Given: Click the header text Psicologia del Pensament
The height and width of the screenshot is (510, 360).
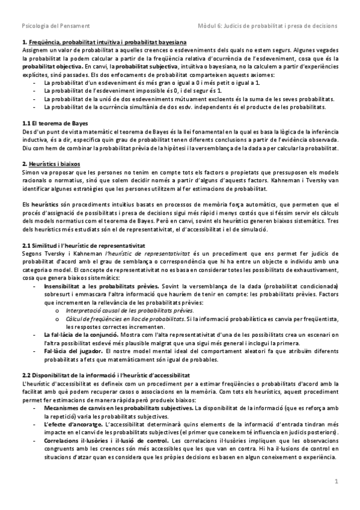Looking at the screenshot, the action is [55, 26].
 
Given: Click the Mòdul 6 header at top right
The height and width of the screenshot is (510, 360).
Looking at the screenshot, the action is [267, 26].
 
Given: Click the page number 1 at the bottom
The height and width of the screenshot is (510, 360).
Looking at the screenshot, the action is [337, 481].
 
